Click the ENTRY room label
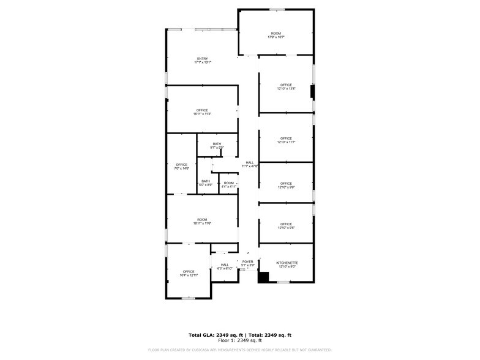202,59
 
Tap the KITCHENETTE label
287,263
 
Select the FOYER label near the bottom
247,261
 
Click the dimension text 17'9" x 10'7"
276,37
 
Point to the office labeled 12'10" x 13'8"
286,87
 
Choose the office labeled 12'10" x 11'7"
286,140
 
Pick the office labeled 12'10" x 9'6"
286,186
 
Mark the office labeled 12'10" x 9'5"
286,226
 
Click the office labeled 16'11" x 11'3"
202,112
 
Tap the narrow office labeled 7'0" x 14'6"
182,166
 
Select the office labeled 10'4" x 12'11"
188,273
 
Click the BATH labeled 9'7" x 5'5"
217,146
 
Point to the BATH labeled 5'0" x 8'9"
206,182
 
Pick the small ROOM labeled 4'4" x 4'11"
228,184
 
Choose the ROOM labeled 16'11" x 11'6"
202,221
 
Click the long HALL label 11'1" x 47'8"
249,164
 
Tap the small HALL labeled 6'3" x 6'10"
224,266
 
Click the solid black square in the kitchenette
263,277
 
